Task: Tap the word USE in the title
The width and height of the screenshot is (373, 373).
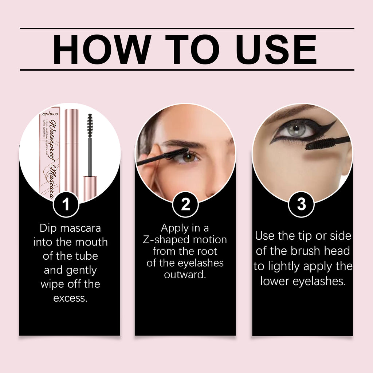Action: (272, 49)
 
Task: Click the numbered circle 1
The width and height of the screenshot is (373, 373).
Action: (66, 204)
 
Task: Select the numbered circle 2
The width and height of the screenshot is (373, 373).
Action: (185, 204)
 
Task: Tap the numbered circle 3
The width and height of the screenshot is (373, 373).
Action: (301, 204)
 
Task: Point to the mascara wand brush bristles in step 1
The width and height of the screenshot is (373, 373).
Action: (90, 125)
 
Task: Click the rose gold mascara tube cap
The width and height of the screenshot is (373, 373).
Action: (71, 142)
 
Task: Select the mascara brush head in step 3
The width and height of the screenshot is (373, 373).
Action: (321, 144)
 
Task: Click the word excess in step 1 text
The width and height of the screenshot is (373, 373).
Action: (70, 298)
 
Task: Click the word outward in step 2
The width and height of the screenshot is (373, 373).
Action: (185, 274)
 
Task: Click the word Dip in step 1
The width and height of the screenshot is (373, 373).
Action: (48, 228)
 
